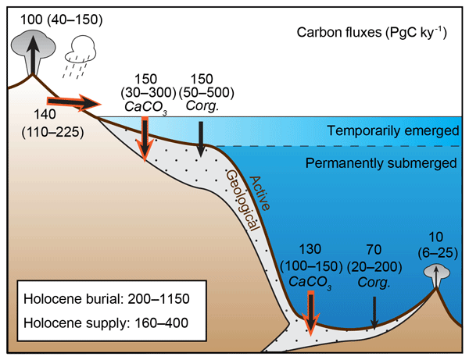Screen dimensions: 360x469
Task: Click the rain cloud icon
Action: [x=81, y=52]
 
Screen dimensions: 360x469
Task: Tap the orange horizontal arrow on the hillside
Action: [x=75, y=102]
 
